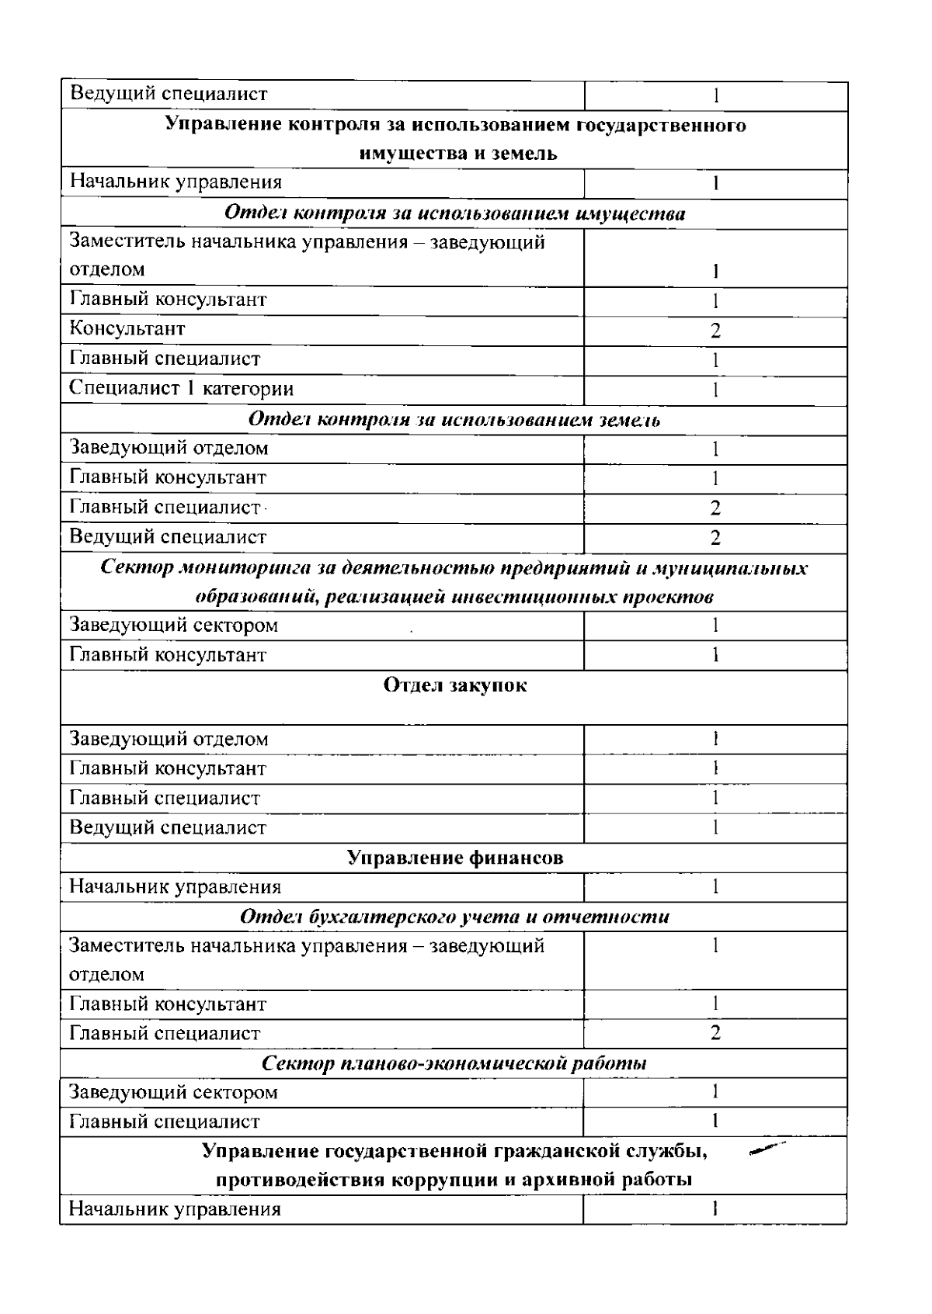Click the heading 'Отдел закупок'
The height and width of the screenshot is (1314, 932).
coord(454,686)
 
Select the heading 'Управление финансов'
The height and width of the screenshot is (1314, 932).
coord(454,858)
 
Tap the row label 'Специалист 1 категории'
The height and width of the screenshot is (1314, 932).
coord(182,389)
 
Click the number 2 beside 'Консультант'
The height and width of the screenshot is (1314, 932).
coord(715,331)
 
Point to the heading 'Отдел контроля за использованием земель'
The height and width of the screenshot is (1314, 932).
coord(454,420)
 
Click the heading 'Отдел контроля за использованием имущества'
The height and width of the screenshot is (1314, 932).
coord(454,213)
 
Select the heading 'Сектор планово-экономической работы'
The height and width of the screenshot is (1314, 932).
coord(454,1063)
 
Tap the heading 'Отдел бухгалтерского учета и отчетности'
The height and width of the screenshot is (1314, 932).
coord(454,917)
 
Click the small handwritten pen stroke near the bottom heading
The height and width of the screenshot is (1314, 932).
coord(767,1149)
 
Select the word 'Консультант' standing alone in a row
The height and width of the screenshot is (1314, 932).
coord(127,329)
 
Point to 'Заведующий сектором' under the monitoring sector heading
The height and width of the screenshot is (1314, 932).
coord(174,626)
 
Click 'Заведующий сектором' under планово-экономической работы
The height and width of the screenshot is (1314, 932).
coord(174,1093)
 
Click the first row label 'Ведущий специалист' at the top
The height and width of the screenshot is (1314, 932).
coord(169,95)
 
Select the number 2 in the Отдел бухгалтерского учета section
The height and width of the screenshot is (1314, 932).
coord(715,1033)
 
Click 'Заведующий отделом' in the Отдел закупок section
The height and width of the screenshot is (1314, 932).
coord(169,739)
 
